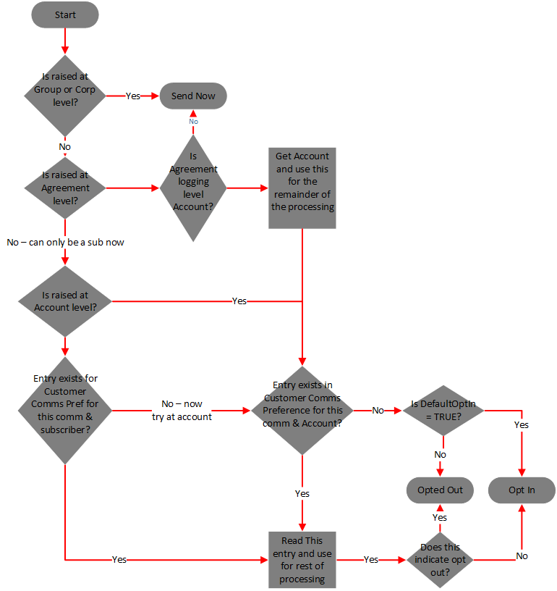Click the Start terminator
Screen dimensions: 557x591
click(65, 14)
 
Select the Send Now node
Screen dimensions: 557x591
click(193, 96)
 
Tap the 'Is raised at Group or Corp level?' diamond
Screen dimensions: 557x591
click(65, 96)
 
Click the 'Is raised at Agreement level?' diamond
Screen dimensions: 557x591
click(65, 188)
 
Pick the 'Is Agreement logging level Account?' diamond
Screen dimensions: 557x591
click(193, 188)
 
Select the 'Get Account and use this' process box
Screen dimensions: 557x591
click(302, 188)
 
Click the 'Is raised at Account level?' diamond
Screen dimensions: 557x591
click(65, 301)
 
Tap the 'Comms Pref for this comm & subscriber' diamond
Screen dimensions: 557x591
click(65, 411)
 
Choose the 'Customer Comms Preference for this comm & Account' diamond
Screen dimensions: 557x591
click(302, 411)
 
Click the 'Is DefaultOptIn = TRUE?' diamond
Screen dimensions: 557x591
click(443, 411)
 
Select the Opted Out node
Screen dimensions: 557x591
click(440, 490)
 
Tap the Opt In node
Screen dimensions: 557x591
click(522, 490)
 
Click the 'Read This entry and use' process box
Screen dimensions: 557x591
click(302, 560)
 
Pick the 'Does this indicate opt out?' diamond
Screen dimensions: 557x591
click(440, 560)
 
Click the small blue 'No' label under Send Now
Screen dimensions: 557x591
click(193, 122)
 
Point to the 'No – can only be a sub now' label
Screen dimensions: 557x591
click(66, 243)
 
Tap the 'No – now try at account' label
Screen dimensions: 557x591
click(182, 411)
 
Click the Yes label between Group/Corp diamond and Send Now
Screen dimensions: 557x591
click(133, 96)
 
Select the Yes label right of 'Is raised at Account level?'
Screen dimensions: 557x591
click(239, 301)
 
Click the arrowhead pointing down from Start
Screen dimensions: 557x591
click(65, 50)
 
